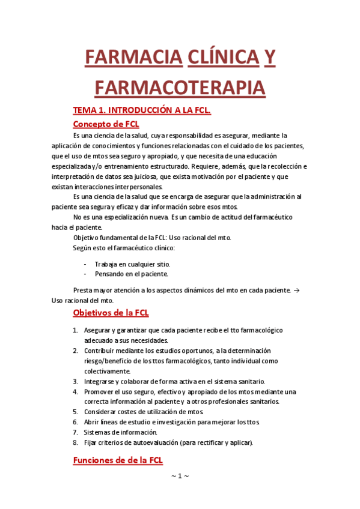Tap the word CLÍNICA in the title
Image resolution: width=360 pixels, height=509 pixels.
pyautogui.click(x=220, y=58)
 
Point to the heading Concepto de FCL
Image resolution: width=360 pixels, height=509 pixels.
pyautogui.click(x=106, y=124)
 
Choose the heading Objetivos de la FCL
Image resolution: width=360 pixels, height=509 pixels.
pyautogui.click(x=111, y=313)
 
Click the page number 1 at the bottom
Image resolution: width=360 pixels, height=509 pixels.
pyautogui.click(x=180, y=476)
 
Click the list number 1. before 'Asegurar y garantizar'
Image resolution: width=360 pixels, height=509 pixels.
pyautogui.click(x=76, y=331)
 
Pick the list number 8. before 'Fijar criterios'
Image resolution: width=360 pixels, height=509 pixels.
pyautogui.click(x=76, y=443)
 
